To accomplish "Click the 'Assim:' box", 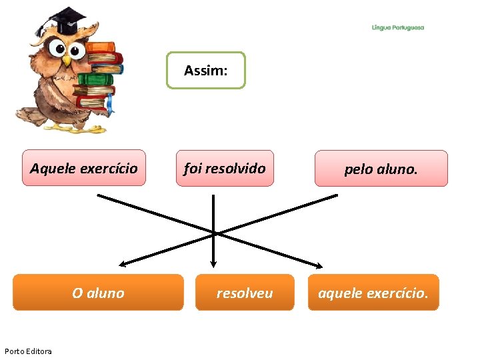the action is click(x=205, y=70).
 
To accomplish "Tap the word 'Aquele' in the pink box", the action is click(x=53, y=168).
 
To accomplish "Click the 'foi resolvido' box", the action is click(x=225, y=168).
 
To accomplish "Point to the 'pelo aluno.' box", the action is click(x=381, y=169).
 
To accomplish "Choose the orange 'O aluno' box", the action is click(x=98, y=293).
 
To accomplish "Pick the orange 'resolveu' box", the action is click(x=244, y=293).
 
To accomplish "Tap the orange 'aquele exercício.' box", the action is click(x=373, y=293).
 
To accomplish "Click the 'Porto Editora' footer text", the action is click(x=28, y=351).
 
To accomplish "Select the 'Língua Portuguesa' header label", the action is click(x=398, y=28).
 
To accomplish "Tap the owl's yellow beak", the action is click(x=66, y=60).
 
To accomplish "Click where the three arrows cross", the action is click(x=214, y=232).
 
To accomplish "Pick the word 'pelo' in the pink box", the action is click(x=357, y=169).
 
